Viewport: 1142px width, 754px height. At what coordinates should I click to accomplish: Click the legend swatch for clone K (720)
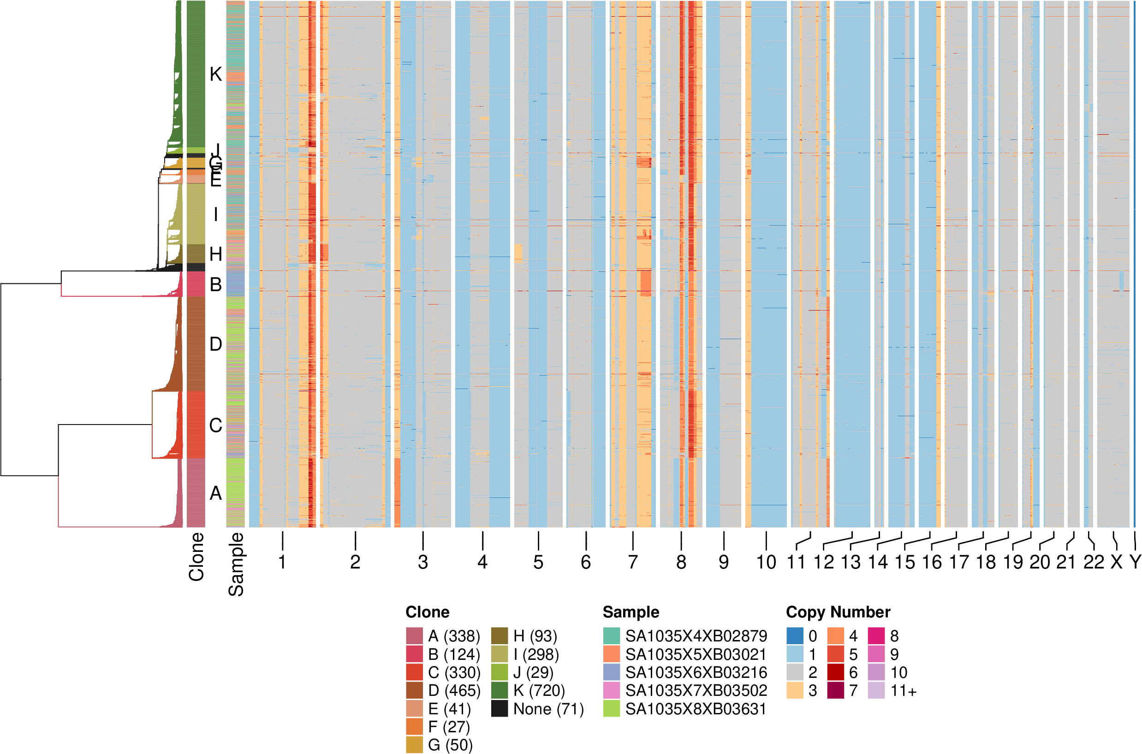coord(500,690)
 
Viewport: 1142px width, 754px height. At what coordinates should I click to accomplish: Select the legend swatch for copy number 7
coord(835,690)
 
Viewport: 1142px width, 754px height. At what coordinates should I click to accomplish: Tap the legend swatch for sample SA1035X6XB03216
coord(612,672)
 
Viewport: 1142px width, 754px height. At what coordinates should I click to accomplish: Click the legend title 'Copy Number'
coord(838,612)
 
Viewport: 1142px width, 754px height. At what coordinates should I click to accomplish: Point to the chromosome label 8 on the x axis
coord(681,562)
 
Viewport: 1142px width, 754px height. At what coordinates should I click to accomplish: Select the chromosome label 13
coord(850,562)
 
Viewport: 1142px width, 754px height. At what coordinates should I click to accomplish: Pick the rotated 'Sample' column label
coord(236,563)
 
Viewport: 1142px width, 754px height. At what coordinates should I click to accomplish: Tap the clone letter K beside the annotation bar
coord(216,75)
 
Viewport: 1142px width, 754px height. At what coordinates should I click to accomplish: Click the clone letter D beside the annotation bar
coord(216,344)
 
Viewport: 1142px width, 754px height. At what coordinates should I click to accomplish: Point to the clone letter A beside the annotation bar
coord(216,493)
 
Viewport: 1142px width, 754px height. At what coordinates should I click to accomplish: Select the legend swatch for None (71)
coord(500,709)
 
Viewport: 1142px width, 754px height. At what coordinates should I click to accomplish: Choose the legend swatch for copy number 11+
coord(876,690)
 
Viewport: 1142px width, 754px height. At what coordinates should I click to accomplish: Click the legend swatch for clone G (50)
coord(414,745)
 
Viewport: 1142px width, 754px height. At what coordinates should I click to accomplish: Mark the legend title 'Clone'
coord(427,612)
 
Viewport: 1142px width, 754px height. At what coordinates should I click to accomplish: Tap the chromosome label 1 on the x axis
coord(282,562)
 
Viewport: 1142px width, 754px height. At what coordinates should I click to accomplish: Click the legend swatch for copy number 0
coord(795,636)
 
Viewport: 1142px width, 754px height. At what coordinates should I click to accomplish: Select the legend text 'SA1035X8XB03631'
coord(696,709)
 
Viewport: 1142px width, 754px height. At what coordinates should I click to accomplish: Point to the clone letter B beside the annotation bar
coord(216,285)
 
